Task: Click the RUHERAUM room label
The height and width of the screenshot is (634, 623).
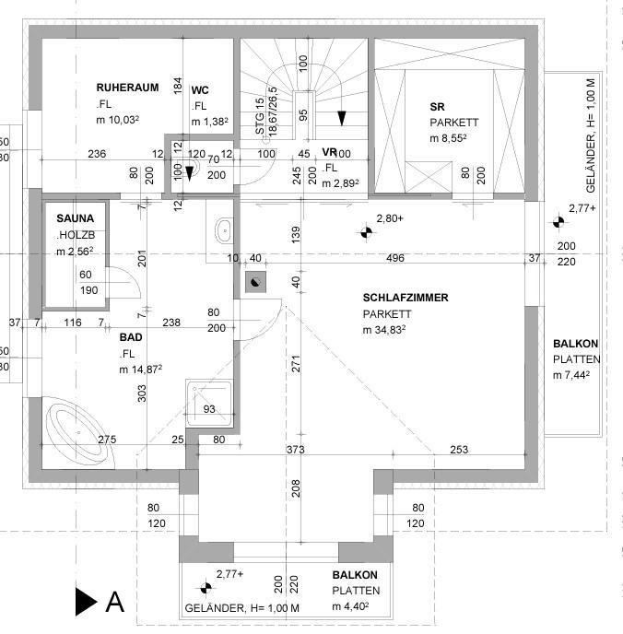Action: (x=127, y=88)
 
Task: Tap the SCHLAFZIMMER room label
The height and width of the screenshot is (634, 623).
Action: (x=406, y=298)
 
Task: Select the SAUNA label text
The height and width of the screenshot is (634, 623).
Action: (x=75, y=218)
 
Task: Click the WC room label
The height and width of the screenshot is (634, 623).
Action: (x=200, y=90)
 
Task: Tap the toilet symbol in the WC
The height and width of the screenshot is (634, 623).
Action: (x=192, y=169)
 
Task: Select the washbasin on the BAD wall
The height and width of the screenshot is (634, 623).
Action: (x=223, y=229)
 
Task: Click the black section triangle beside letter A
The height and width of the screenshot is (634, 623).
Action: (x=86, y=602)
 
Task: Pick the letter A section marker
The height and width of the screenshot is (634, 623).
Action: (x=115, y=602)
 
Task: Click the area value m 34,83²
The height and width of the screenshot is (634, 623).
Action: (x=385, y=330)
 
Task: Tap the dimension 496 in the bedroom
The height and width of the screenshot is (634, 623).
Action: (x=395, y=258)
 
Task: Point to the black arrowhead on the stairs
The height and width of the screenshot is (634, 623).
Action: (x=342, y=117)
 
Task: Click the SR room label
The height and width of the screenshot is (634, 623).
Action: (x=437, y=106)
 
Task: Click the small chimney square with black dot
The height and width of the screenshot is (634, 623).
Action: (x=254, y=284)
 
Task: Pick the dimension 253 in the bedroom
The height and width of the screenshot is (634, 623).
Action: (x=459, y=450)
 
